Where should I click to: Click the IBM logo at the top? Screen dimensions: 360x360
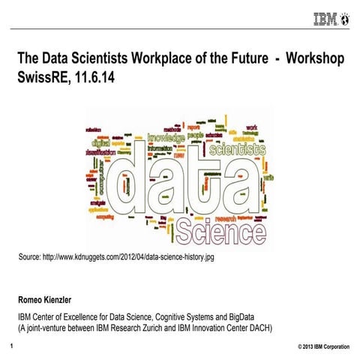tap(324, 17)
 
